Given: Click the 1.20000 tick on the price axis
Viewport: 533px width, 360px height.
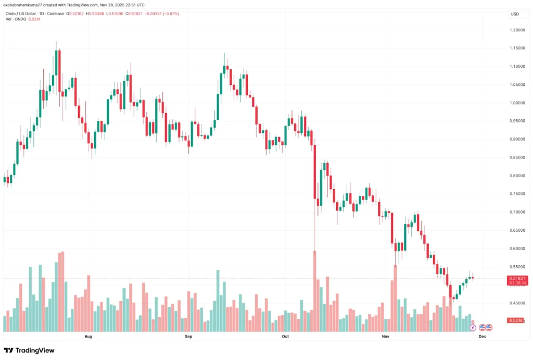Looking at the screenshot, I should tap(517, 30).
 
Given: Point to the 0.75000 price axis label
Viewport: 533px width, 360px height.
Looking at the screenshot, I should tap(517, 194).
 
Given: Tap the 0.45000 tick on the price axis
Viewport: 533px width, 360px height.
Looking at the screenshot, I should tap(517, 303).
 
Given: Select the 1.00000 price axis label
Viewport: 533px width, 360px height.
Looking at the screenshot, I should tap(517, 103).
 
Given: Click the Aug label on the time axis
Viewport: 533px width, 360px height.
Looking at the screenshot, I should tap(88, 337).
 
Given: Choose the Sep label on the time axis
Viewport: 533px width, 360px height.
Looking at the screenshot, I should tap(188, 337).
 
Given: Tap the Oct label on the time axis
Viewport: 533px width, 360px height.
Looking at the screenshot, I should tap(285, 337).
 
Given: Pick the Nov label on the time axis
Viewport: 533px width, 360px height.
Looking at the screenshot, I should tap(385, 337).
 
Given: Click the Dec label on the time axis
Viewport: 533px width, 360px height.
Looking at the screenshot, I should tap(482, 337).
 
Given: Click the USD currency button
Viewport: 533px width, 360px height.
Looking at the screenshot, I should tap(515, 14).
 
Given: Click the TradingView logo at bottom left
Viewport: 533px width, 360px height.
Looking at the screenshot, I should tap(29, 351).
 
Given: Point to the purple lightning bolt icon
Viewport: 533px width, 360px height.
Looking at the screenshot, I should tap(473, 328).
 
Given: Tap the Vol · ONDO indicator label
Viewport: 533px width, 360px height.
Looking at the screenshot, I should tap(16, 19).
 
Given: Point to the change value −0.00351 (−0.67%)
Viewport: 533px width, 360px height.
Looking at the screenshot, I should tap(161, 13).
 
